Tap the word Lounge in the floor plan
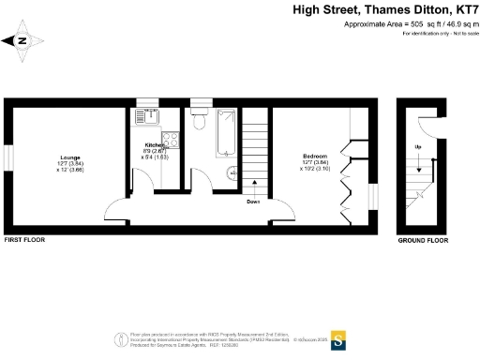tap(69, 157)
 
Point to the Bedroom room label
tap(313, 155)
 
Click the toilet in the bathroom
tap(198, 123)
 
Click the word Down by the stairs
tap(253, 202)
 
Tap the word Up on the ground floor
tap(417, 148)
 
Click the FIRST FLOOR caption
tap(24, 241)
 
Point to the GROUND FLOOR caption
tap(422, 241)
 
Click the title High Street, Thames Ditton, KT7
tap(385, 11)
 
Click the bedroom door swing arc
tap(278, 211)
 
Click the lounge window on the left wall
tap(8, 157)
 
